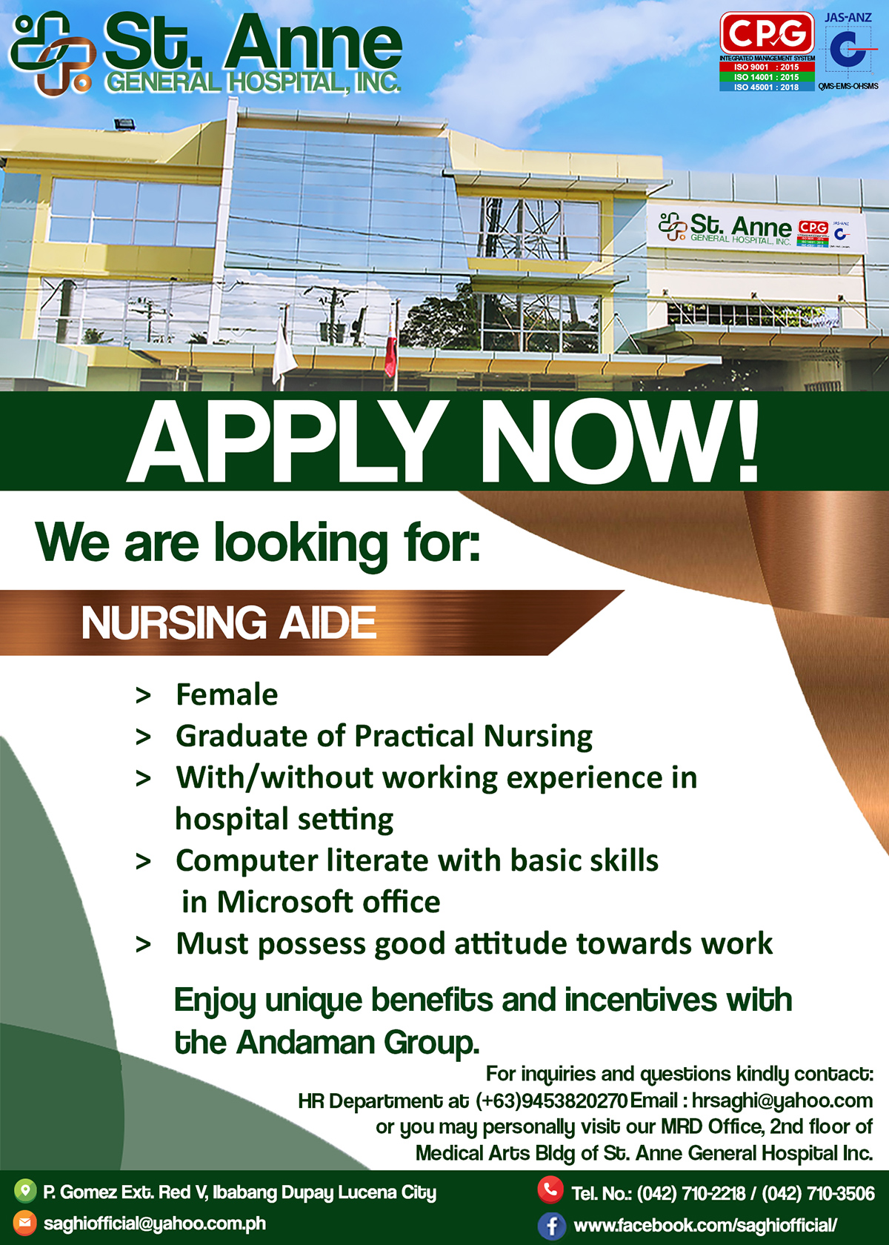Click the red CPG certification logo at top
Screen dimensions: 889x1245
[768, 33]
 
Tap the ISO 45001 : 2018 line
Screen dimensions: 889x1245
[767, 87]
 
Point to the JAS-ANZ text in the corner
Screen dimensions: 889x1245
[848, 17]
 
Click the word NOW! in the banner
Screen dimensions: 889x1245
[619, 442]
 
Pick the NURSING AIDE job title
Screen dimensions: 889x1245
[228, 622]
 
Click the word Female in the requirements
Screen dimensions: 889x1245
[227, 695]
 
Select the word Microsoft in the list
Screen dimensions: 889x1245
[285, 901]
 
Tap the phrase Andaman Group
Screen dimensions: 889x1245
[358, 1042]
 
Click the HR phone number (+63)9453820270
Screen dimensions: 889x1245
[552, 1100]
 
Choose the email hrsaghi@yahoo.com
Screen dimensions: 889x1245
[782, 1101]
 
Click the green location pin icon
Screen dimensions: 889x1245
[24, 1190]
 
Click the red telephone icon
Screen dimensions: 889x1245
[550, 1190]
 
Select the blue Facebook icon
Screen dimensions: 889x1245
[552, 1225]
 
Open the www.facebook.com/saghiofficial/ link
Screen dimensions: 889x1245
[705, 1224]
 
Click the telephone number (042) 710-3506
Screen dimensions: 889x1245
[818, 1193]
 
